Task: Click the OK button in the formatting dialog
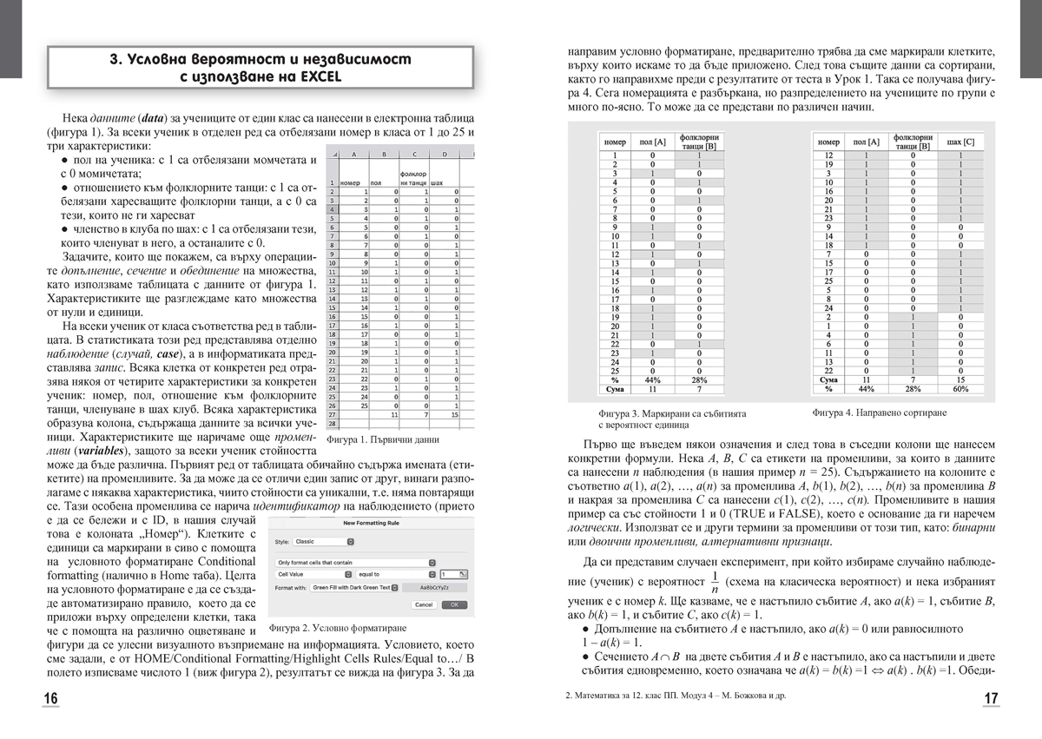[x=455, y=604]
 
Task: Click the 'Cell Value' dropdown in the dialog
[x=313, y=574]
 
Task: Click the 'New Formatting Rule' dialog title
[x=369, y=523]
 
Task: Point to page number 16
[x=51, y=699]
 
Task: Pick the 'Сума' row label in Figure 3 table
[x=615, y=389]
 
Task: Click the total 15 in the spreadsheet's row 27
[x=454, y=415]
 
